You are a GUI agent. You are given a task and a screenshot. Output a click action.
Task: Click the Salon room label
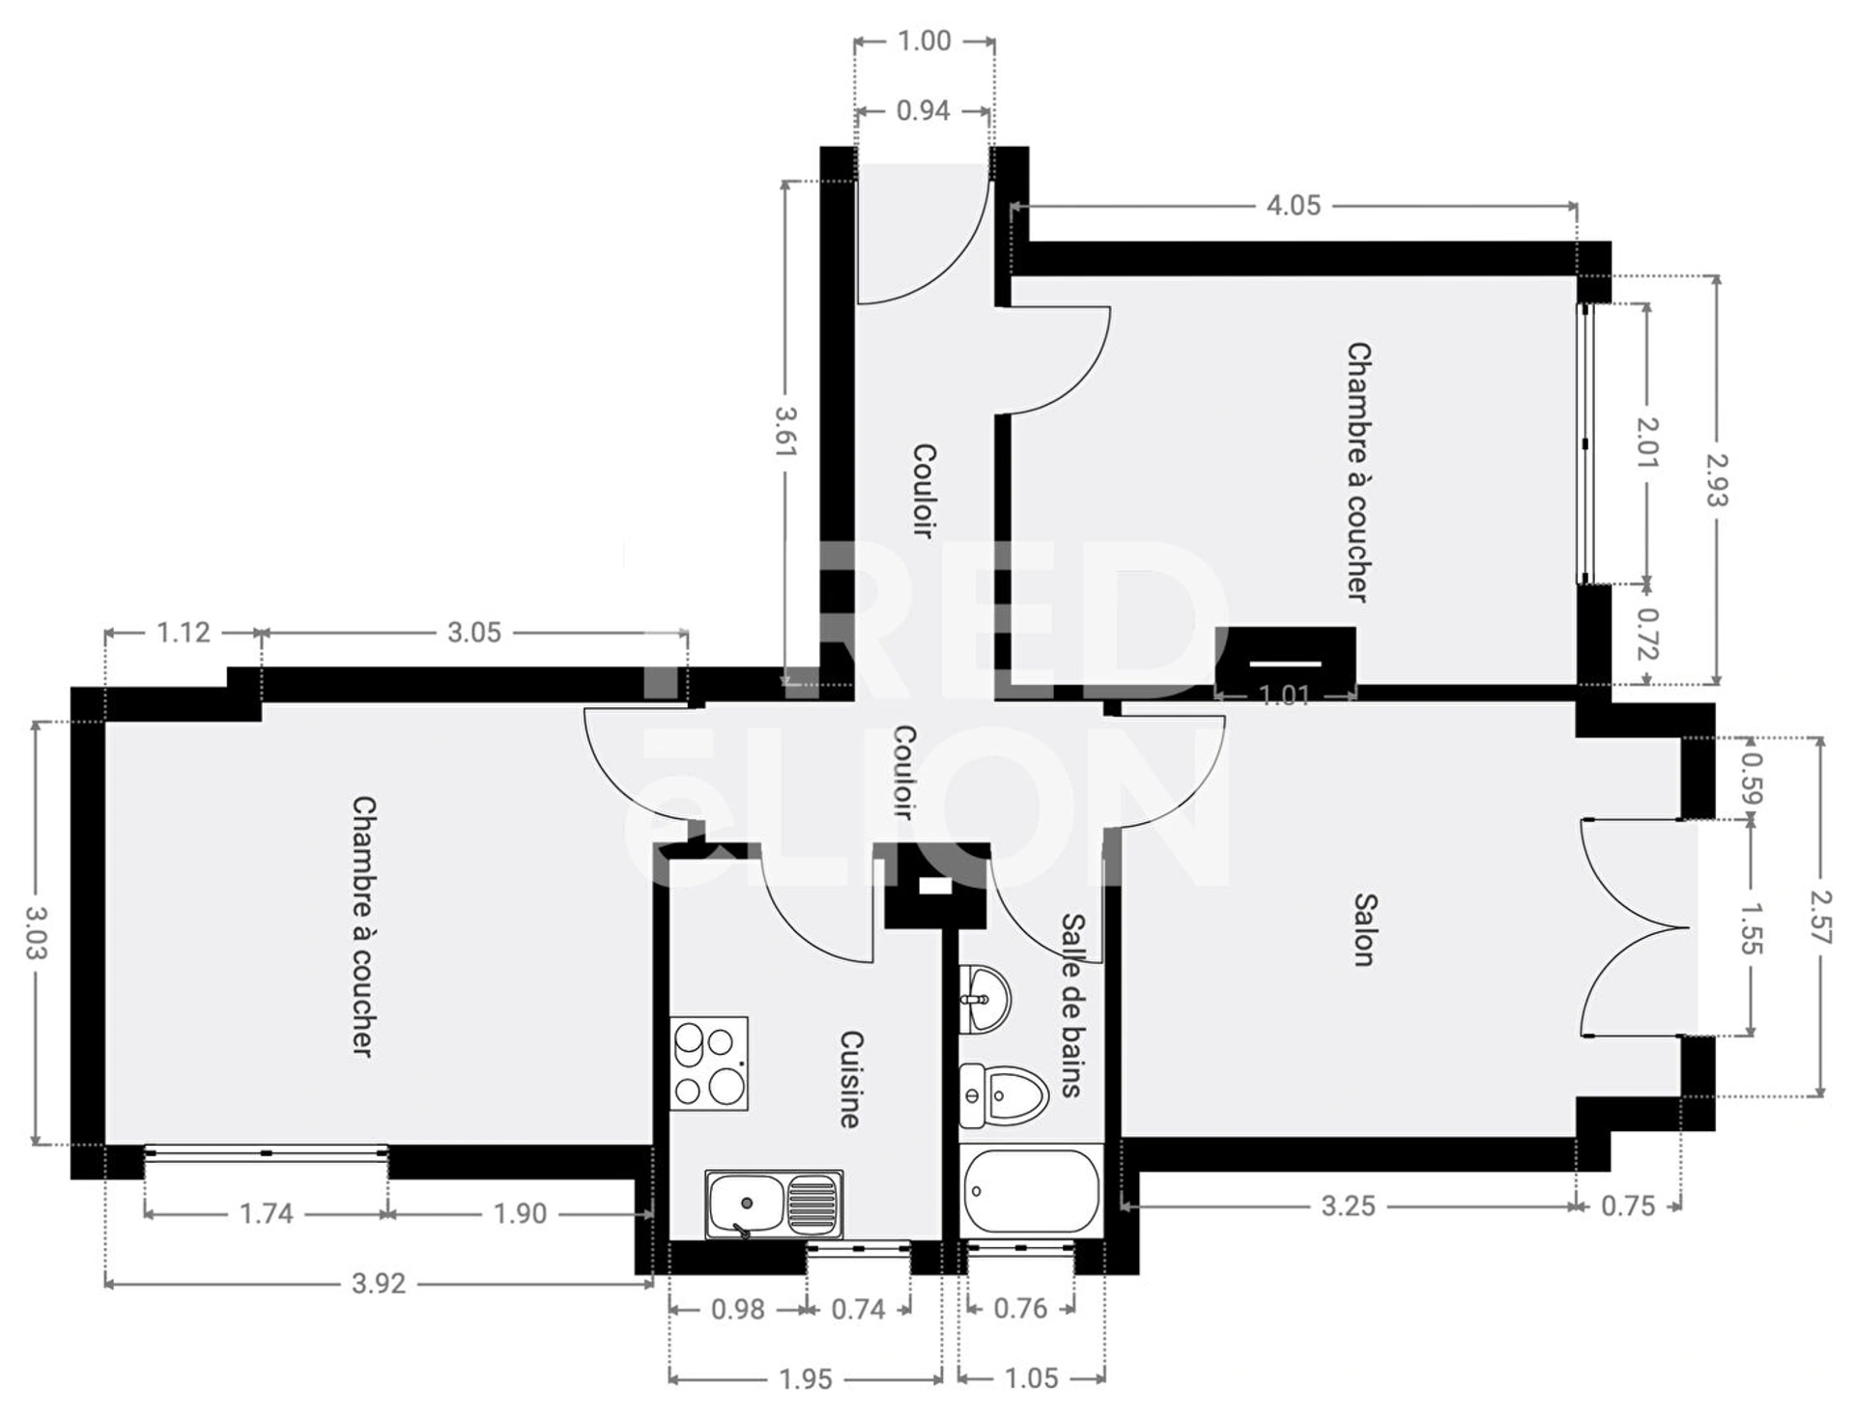click(x=1363, y=929)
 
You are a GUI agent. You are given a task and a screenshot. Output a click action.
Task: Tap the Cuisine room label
click(x=850, y=1079)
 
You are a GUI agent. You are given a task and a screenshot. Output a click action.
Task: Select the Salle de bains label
click(x=1071, y=1006)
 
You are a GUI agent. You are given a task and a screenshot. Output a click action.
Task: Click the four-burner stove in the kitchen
click(x=709, y=1063)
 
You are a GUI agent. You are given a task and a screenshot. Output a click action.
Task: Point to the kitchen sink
click(x=774, y=1204)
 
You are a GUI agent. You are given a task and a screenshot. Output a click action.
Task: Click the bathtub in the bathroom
click(x=1032, y=1190)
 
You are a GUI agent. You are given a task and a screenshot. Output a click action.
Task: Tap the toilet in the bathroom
click(x=1005, y=1095)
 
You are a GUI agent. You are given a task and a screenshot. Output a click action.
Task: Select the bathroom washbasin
click(x=985, y=998)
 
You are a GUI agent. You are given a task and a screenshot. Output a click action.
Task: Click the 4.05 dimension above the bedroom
click(x=1293, y=205)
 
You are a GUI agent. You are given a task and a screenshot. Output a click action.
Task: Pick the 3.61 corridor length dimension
click(x=785, y=431)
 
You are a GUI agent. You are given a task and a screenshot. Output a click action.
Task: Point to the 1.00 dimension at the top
click(x=925, y=41)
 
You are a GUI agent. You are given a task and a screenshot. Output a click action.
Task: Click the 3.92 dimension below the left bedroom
click(x=378, y=1284)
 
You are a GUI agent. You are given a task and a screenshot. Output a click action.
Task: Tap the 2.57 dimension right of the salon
click(x=1821, y=917)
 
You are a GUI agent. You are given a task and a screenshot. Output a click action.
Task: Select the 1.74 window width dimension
click(x=266, y=1213)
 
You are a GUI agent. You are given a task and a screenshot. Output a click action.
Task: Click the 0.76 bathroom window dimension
click(x=1020, y=1309)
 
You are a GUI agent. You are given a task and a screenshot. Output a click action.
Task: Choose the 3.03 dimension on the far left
click(x=35, y=933)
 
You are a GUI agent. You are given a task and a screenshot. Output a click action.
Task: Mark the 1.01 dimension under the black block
click(x=1284, y=696)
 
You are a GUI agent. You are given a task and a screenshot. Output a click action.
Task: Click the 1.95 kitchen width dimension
click(x=806, y=1379)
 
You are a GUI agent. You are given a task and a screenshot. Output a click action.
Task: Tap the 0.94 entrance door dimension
click(x=923, y=111)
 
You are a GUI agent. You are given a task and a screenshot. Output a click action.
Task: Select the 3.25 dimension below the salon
click(x=1348, y=1206)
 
